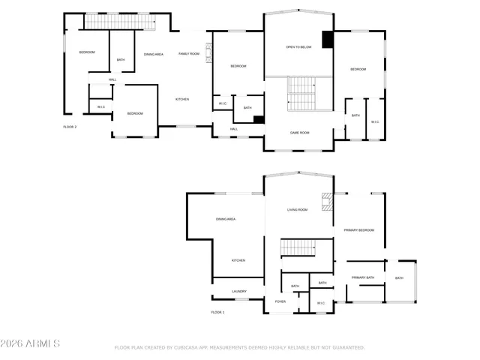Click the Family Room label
coord(188,54)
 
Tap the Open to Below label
coord(298,47)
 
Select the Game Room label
coord(300,133)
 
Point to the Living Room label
coord(297,210)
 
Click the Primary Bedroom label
coord(358,230)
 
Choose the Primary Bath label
coord(363,278)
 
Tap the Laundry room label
coord(238,291)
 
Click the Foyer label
coord(280,301)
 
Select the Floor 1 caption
coord(217,312)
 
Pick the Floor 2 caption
coord(70,127)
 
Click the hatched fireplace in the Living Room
coord(326,202)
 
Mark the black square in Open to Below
coord(327,40)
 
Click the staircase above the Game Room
coord(301,94)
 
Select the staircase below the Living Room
coord(298,249)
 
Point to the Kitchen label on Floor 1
coord(238,260)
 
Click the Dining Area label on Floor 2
coord(154,54)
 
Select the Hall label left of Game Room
coord(233,129)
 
